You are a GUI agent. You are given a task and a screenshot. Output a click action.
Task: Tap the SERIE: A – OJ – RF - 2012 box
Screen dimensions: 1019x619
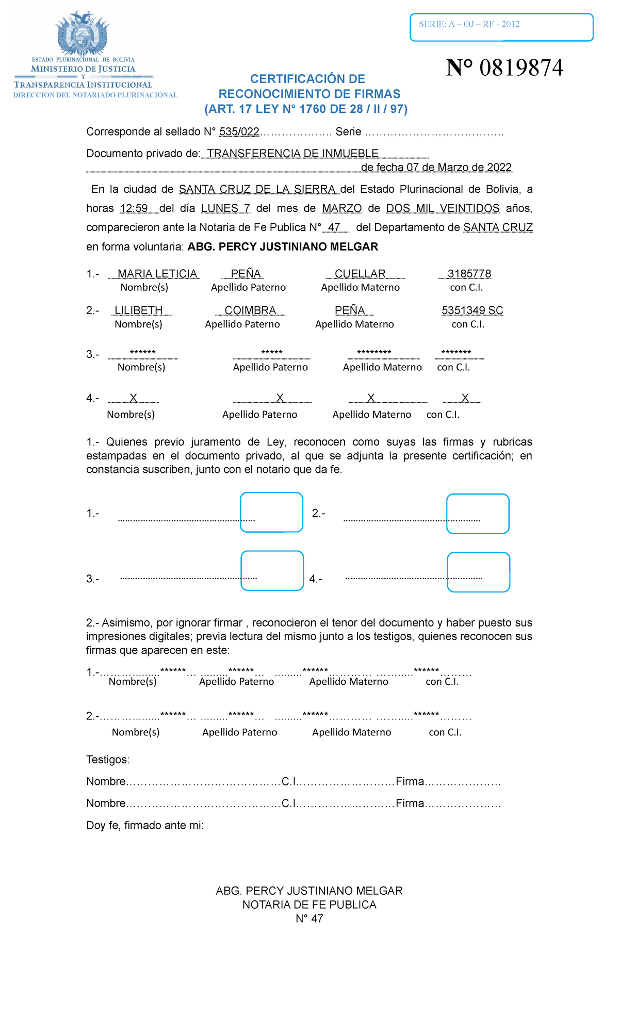[501, 27]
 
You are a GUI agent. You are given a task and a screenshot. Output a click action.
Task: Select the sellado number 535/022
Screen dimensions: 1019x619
[239, 132]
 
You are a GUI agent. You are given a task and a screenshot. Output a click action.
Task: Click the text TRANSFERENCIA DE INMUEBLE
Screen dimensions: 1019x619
[292, 154]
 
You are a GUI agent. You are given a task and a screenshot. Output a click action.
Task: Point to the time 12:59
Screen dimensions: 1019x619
[134, 208]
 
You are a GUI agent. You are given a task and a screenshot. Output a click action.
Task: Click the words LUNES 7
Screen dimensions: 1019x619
[225, 208]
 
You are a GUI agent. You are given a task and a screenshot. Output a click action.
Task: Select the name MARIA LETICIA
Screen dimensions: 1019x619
[157, 274]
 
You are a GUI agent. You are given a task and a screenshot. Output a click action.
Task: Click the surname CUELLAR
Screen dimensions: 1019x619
[360, 274]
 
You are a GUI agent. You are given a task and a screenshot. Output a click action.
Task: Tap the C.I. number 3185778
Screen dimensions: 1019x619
[469, 274]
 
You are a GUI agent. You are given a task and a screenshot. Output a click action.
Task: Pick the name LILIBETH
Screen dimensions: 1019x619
[138, 310]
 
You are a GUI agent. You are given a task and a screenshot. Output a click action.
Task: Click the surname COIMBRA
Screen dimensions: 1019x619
[250, 310]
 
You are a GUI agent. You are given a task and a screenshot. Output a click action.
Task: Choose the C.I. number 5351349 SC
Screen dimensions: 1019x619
[472, 310]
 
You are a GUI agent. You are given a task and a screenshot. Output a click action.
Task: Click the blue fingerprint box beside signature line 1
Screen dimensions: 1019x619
[271, 512]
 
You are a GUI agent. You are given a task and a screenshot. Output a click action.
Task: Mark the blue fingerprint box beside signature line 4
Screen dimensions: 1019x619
[478, 572]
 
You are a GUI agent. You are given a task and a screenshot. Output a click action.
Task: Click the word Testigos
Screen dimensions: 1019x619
[108, 760]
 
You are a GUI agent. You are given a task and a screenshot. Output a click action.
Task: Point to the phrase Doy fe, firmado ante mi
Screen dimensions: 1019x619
[145, 825]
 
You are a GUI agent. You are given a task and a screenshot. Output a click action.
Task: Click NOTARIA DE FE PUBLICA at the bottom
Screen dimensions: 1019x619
[309, 905]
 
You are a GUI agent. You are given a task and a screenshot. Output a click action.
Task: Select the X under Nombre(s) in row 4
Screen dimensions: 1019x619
[133, 398]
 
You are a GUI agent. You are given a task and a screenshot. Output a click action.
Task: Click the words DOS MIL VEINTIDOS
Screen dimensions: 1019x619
[443, 208]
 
